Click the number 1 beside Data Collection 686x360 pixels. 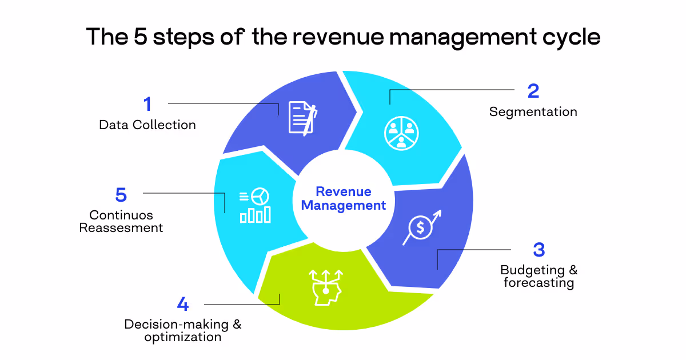click(147, 105)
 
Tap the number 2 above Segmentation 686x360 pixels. click(533, 91)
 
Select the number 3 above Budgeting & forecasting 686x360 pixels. click(539, 250)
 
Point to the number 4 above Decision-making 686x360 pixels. click(182, 304)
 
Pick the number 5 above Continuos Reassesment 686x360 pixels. click(121, 195)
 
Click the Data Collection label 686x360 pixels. click(147, 125)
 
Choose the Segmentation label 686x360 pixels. click(533, 111)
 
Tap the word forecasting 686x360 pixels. click(539, 283)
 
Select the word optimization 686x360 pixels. click(182, 337)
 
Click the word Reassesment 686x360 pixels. click(121, 228)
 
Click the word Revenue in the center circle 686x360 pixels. click(344, 191)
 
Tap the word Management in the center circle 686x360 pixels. click(344, 205)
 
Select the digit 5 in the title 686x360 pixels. click(140, 37)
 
